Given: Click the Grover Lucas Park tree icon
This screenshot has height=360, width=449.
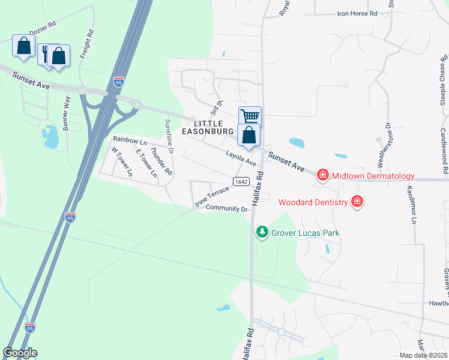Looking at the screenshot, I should [x=262, y=232].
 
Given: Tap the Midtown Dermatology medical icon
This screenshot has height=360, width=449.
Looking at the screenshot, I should [x=322, y=175].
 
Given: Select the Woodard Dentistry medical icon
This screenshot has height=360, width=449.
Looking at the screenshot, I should [x=357, y=202].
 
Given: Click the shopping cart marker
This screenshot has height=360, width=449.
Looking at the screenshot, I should [x=250, y=116].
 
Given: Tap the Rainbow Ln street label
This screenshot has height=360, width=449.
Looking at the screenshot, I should [x=130, y=140].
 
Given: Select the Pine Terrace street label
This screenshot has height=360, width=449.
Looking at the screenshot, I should [x=212, y=197].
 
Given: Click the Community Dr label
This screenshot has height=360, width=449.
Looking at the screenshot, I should [x=226, y=209].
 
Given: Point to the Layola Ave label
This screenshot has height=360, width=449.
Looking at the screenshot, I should [x=241, y=158].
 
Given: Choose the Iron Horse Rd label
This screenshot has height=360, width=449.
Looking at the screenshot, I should [x=357, y=13].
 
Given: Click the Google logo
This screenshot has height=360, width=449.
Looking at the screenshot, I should [x=20, y=353].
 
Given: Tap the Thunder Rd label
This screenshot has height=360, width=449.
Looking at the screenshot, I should [x=161, y=161].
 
